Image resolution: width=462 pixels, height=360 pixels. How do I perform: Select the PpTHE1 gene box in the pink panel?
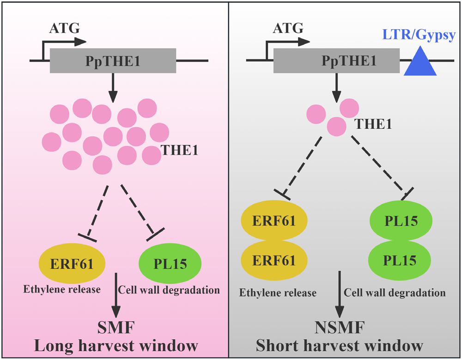pos(113,61)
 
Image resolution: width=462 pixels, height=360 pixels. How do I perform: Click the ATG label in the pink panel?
pos(64,29)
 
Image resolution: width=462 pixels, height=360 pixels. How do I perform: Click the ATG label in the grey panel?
pos(288,29)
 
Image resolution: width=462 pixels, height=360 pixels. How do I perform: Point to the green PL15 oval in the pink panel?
pos(170,264)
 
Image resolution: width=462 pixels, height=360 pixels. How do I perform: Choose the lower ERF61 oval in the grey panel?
pos(274,260)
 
